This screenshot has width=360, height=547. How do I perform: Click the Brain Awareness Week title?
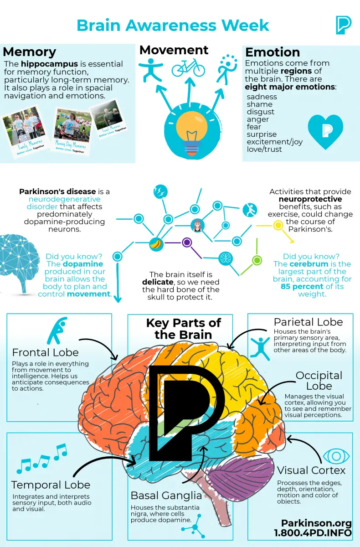(173, 25)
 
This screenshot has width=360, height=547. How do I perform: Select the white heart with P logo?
(325, 131)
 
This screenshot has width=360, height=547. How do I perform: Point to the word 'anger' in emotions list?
(258, 119)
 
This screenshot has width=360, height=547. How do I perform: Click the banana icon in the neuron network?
(156, 244)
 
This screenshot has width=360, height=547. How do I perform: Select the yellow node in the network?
(278, 225)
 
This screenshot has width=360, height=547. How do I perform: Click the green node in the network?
(257, 260)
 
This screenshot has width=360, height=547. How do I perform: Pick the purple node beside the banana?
(186, 243)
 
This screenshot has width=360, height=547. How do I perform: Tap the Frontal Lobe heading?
(45, 352)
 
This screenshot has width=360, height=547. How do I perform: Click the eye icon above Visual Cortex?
(336, 456)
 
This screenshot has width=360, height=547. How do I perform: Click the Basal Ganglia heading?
(166, 495)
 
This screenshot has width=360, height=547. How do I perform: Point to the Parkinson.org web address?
(316, 523)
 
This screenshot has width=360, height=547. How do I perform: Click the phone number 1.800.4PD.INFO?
(313, 533)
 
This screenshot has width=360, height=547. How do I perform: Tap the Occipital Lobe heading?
(319, 381)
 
